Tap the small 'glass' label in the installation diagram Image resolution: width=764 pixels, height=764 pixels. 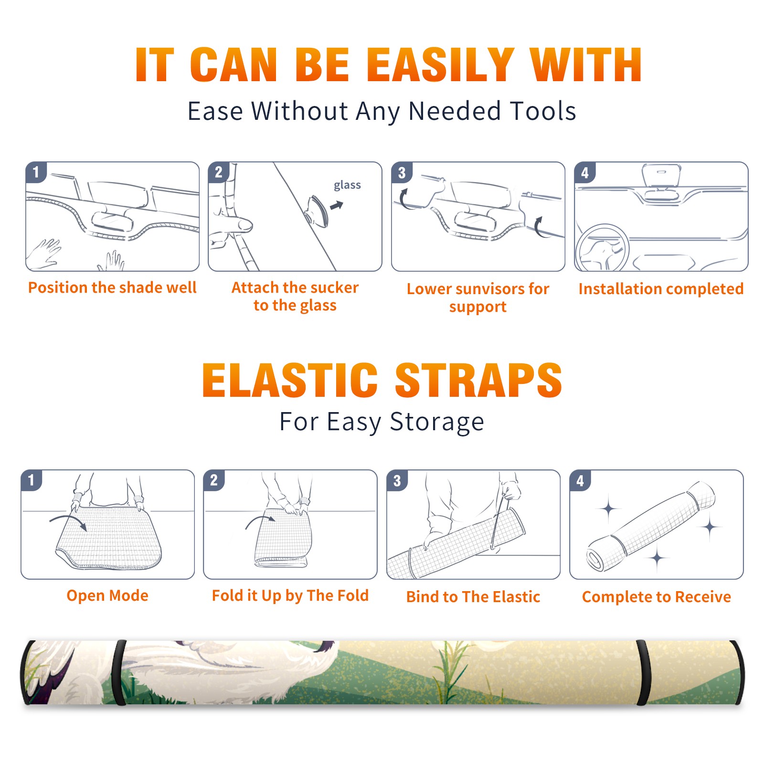pyautogui.click(x=347, y=185)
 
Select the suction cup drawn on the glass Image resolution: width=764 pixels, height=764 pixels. pyautogui.click(x=317, y=210)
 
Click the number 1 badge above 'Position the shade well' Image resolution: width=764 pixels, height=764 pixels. pyautogui.click(x=36, y=171)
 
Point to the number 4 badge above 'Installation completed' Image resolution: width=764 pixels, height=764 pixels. pyautogui.click(x=585, y=172)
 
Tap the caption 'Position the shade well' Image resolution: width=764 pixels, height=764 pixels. pyautogui.click(x=112, y=287)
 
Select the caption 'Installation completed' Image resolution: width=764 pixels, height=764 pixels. pyautogui.click(x=661, y=289)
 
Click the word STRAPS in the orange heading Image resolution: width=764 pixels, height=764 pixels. pyautogui.click(x=478, y=380)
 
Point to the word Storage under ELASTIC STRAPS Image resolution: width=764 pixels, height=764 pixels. pyautogui.click(x=437, y=422)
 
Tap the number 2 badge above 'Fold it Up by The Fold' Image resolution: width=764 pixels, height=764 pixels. pyautogui.click(x=214, y=480)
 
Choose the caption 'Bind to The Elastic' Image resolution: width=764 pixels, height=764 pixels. pyautogui.click(x=473, y=597)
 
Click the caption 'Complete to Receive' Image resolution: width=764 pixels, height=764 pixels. pyautogui.click(x=657, y=597)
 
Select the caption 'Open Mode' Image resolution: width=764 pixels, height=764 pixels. pyautogui.click(x=107, y=596)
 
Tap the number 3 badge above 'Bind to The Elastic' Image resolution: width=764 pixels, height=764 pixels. pyautogui.click(x=397, y=480)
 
